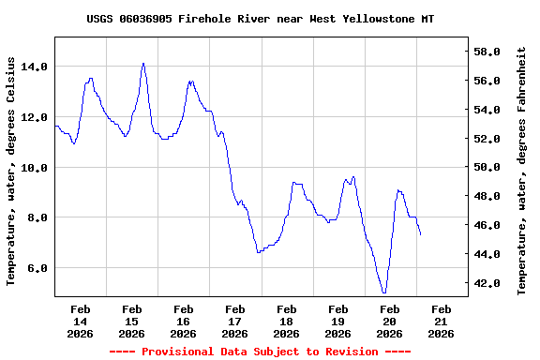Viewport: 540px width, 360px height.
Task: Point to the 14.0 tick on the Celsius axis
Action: (x=35, y=67)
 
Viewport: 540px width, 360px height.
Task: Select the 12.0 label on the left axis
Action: (x=35, y=117)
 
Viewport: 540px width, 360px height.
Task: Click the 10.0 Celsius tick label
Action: (x=35, y=167)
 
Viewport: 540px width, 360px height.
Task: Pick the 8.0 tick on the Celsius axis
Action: (x=37, y=217)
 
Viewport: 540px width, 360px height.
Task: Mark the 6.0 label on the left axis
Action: (x=37, y=268)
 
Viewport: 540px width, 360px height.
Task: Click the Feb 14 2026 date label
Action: (x=81, y=321)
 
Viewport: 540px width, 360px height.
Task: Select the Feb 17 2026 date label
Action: (x=235, y=321)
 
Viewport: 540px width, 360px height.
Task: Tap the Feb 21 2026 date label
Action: (x=442, y=321)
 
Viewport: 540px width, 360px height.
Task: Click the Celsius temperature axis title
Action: (x=12, y=170)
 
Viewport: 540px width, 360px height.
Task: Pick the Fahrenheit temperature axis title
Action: (x=522, y=170)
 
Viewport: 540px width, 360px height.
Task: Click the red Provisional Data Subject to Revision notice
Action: (x=260, y=352)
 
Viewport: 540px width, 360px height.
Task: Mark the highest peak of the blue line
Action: (x=143, y=63)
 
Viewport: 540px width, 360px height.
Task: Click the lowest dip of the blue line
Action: (x=384, y=292)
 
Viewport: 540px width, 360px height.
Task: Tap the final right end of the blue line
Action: (x=421, y=234)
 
